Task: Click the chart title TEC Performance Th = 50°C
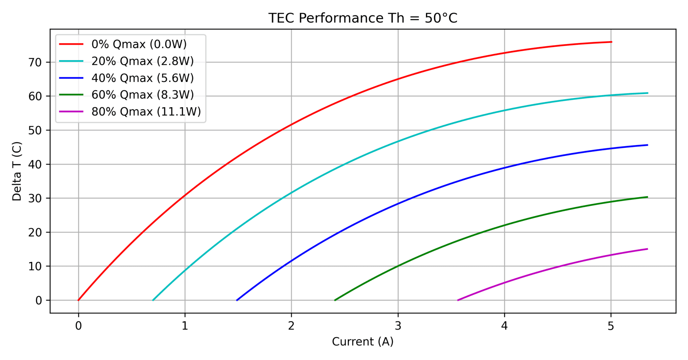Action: coord(363,18)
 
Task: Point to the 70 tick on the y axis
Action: coord(35,62)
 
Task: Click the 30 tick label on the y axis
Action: coord(35,198)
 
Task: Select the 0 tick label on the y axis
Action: coord(39,301)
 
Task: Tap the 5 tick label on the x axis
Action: coord(611,326)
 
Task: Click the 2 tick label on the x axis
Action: coord(291,326)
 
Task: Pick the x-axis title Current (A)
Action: coord(363,342)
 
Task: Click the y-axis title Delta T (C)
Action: coord(17,171)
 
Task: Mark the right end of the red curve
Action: coord(612,42)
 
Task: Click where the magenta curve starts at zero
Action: coord(458,300)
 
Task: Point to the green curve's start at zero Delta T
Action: coord(335,300)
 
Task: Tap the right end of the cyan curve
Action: coord(647,93)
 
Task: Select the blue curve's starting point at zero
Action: coord(237,300)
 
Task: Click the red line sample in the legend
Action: coord(71,44)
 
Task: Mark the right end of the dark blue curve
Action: coord(647,145)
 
